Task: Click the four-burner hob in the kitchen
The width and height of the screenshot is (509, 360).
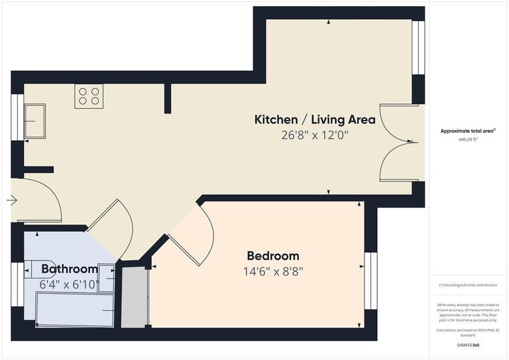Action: [x=89, y=97]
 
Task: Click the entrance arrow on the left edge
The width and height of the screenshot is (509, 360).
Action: [x=12, y=199]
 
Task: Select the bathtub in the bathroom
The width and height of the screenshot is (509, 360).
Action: [x=75, y=310]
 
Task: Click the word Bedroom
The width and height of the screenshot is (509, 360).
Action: [x=272, y=256]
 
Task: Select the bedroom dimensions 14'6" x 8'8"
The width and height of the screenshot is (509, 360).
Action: [x=272, y=270]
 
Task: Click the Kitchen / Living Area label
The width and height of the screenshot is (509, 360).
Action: [x=315, y=120]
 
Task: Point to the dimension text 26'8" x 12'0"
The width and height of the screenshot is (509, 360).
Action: [x=315, y=135]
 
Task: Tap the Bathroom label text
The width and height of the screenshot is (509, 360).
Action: [x=70, y=269]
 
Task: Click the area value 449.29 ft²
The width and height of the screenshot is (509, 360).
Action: [x=469, y=140]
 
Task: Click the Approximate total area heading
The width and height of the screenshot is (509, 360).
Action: [x=468, y=131]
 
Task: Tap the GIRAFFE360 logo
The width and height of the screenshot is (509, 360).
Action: [x=468, y=345]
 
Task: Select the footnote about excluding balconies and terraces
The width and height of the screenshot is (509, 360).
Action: [x=468, y=285]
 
